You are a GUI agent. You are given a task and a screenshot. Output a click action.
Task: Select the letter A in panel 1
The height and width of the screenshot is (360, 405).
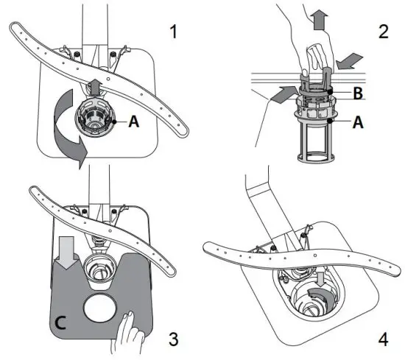coord(133,124)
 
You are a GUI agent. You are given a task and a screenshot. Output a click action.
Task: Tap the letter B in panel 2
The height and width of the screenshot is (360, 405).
coord(357,93)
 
